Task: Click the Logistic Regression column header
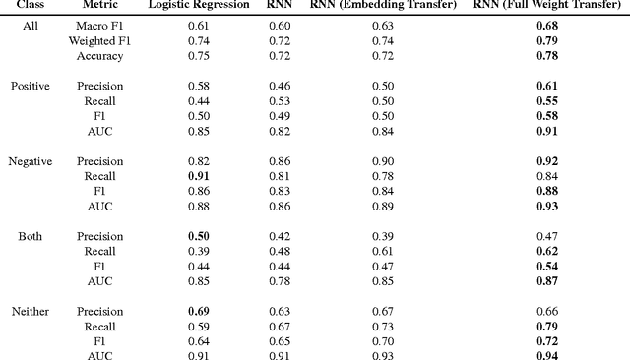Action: [x=198, y=6]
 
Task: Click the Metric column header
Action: [x=98, y=6]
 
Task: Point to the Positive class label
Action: [x=31, y=86]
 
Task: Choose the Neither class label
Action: [x=31, y=311]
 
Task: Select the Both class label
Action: [x=31, y=236]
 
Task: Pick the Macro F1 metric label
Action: [x=98, y=25]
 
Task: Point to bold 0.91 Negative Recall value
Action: [x=198, y=176]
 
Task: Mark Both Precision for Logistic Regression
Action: [x=198, y=236]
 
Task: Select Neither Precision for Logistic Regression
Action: [x=198, y=311]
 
